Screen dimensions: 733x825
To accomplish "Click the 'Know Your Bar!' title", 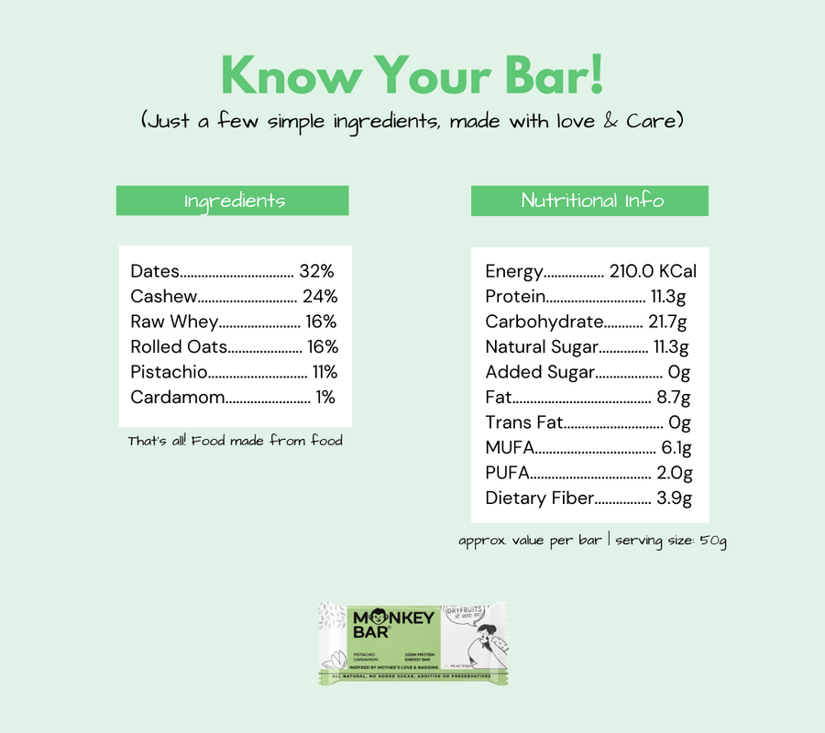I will click(412, 75).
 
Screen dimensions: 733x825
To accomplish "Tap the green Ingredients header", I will click(233, 201).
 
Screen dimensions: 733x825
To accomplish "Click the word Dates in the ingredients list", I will click(155, 271).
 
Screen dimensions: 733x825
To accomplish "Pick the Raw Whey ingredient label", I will click(174, 322).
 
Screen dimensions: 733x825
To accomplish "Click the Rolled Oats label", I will click(179, 346).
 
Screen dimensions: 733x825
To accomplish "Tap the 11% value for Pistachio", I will click(324, 372).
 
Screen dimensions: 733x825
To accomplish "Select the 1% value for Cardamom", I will click(325, 398).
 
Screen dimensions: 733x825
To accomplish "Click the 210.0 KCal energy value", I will click(653, 271).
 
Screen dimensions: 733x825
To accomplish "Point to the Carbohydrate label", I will click(544, 322).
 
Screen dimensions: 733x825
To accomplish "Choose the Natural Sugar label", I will click(542, 346).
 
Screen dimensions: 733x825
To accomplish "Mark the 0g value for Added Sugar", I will click(678, 372).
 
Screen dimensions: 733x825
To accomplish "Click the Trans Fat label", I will click(523, 422).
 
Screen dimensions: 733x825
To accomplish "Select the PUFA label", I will click(507, 473).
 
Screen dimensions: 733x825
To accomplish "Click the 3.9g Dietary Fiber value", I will click(674, 498).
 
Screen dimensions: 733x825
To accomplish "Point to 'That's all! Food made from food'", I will click(235, 441).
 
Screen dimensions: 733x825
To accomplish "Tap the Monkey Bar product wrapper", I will click(412, 642).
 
